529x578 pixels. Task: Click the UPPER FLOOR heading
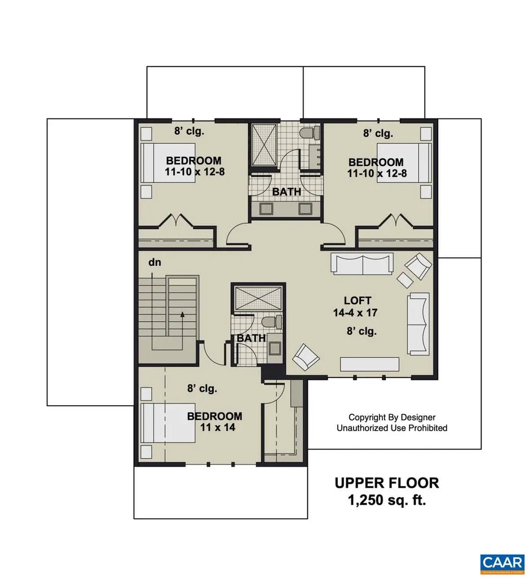coord(386,483)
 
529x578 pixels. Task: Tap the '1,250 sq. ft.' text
coord(386,500)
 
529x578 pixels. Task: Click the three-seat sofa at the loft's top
coord(361,264)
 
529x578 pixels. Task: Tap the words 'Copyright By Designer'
coord(392,417)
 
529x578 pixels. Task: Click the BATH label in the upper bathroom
coord(286,192)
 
